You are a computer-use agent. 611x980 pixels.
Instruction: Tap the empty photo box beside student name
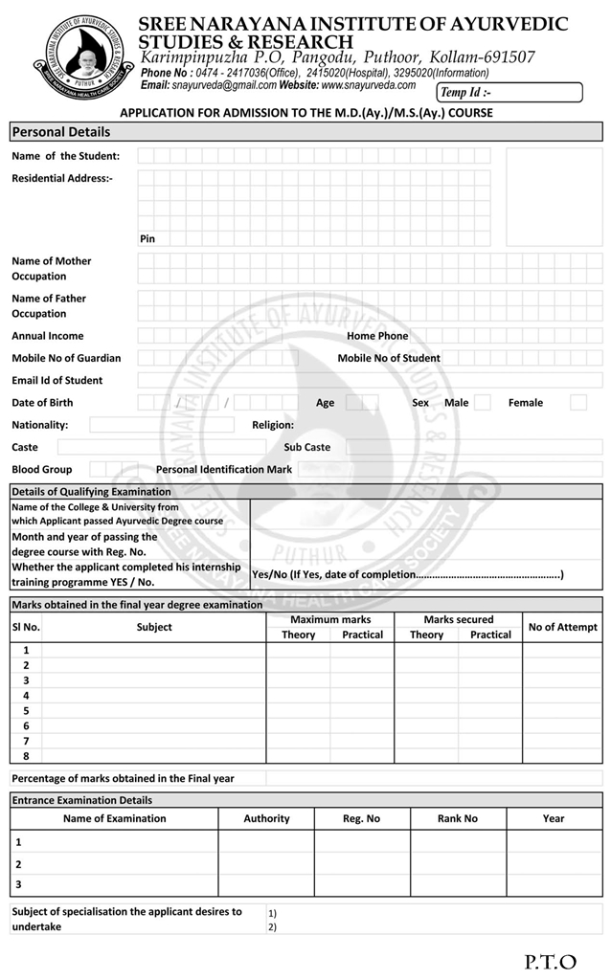click(554, 197)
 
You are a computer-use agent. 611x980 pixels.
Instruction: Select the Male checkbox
click(482, 403)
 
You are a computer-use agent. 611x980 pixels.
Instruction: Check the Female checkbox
click(578, 403)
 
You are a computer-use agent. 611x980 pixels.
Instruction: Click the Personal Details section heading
click(61, 132)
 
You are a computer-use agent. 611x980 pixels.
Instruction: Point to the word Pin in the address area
click(147, 238)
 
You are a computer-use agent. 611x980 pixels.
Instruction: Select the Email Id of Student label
click(57, 381)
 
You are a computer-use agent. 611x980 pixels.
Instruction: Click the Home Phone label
click(377, 336)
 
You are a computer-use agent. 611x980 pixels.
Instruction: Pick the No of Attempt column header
click(562, 627)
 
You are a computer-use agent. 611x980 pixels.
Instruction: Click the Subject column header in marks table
click(154, 627)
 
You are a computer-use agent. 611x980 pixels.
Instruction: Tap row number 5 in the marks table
click(26, 711)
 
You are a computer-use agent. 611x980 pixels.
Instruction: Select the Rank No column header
click(458, 818)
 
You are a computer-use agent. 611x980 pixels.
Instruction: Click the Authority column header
click(266, 818)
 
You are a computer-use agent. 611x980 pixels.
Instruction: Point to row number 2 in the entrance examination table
click(18, 864)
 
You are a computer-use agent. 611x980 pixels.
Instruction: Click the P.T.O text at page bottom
click(551, 961)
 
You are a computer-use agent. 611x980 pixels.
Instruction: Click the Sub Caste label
click(306, 447)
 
